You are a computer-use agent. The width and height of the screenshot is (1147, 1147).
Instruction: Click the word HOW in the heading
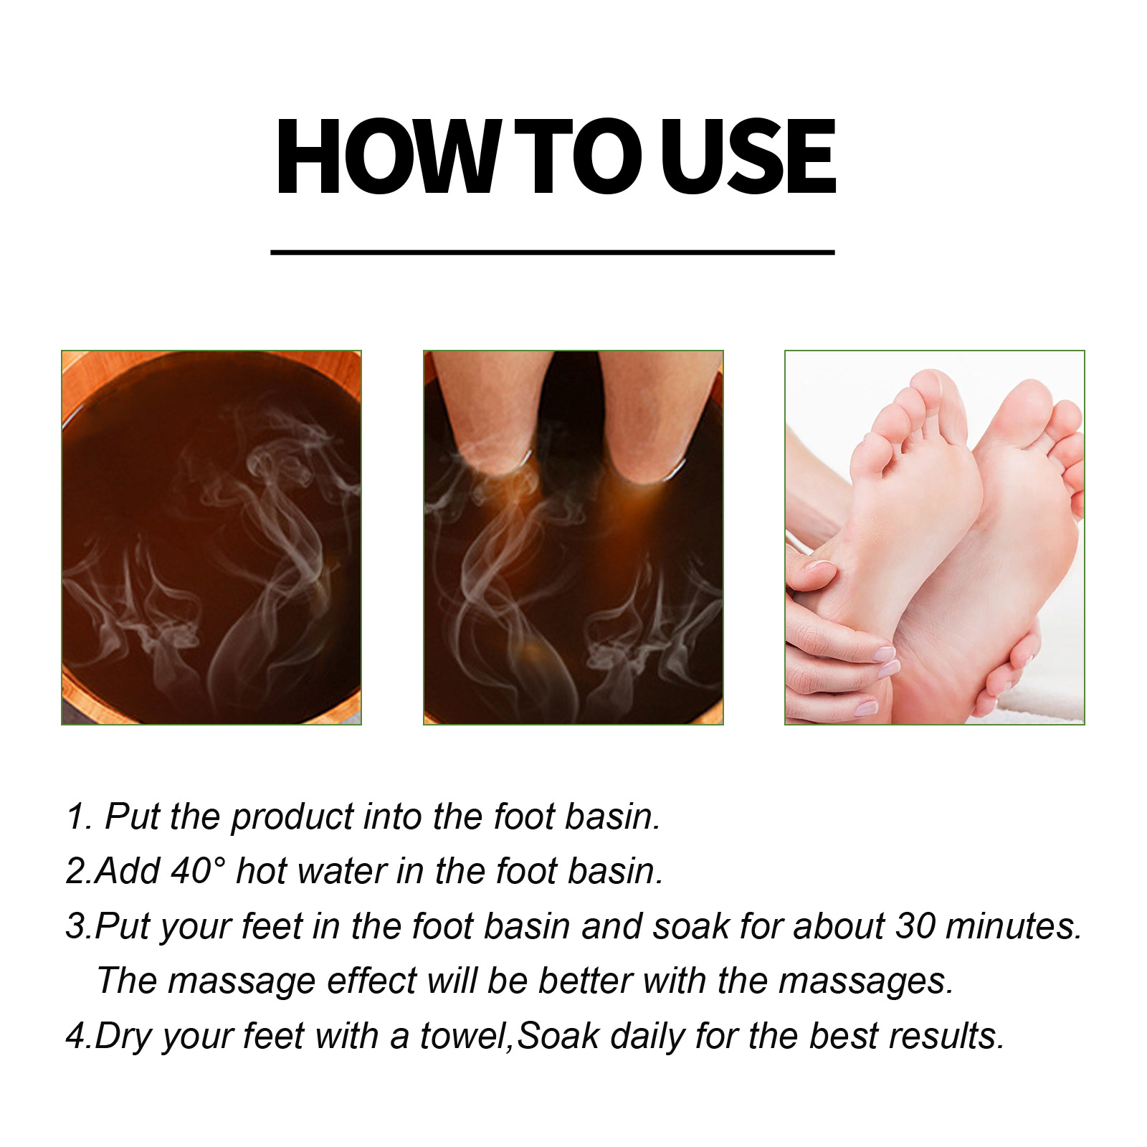pyautogui.click(x=387, y=156)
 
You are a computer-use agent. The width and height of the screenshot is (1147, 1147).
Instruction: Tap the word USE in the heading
pyautogui.click(x=748, y=156)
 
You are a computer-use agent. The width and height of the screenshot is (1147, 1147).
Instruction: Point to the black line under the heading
pyautogui.click(x=553, y=252)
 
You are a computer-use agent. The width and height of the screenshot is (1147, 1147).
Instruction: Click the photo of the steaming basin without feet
pyautogui.click(x=211, y=538)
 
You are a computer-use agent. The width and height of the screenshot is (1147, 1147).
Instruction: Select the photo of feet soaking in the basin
pyautogui.click(x=573, y=538)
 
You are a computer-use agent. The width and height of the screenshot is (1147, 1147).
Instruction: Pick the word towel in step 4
pyautogui.click(x=466, y=1037)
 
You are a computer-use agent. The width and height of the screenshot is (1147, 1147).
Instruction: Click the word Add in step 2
pyautogui.click(x=127, y=871)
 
